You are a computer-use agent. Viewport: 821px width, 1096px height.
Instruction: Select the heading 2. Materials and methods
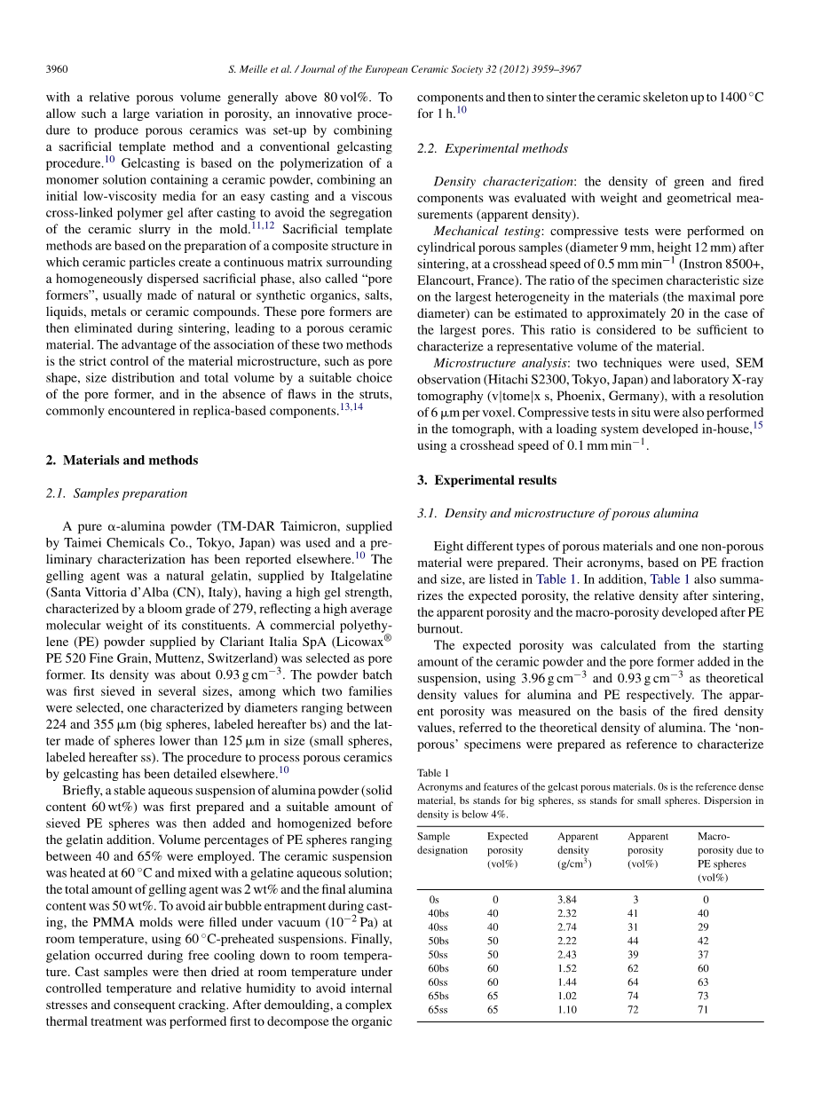(122, 460)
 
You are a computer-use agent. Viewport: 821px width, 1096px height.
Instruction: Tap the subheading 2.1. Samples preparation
(116, 493)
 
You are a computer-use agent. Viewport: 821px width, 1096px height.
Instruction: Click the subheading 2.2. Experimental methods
(493, 148)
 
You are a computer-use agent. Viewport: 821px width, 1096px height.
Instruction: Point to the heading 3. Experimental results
(486, 480)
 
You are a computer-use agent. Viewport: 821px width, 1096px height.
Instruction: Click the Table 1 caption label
(433, 773)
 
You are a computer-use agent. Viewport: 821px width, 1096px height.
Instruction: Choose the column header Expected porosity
(508, 849)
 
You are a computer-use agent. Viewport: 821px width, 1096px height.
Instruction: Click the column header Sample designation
(442, 843)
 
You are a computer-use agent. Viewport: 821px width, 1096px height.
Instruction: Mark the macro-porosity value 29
(703, 927)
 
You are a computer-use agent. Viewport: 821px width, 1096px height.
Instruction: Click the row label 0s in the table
(433, 899)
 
